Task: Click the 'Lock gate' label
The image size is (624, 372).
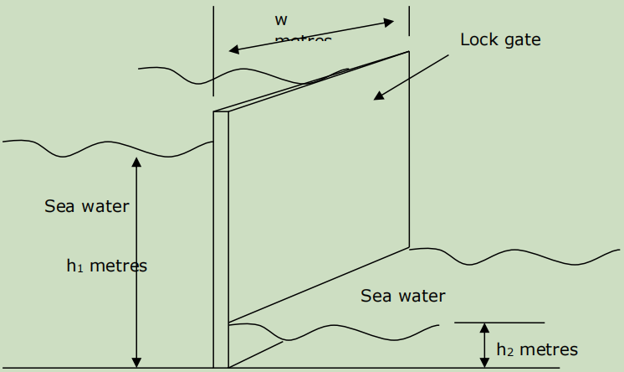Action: click(x=500, y=39)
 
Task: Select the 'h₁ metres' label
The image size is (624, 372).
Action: click(x=106, y=266)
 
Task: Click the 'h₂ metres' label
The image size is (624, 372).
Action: click(x=536, y=349)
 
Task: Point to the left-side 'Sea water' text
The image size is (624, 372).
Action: click(x=87, y=205)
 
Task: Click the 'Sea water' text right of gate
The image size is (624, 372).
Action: click(x=403, y=296)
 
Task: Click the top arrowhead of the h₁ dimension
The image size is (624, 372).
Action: click(x=137, y=162)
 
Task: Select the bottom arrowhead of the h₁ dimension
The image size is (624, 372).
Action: click(x=137, y=362)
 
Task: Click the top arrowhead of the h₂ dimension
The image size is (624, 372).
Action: click(x=484, y=328)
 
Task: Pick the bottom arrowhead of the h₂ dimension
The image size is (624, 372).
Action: click(x=484, y=362)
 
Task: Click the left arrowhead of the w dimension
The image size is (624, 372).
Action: click(x=233, y=50)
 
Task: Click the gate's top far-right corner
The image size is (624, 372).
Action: click(x=409, y=52)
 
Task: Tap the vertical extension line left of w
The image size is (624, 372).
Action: click(x=213, y=50)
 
